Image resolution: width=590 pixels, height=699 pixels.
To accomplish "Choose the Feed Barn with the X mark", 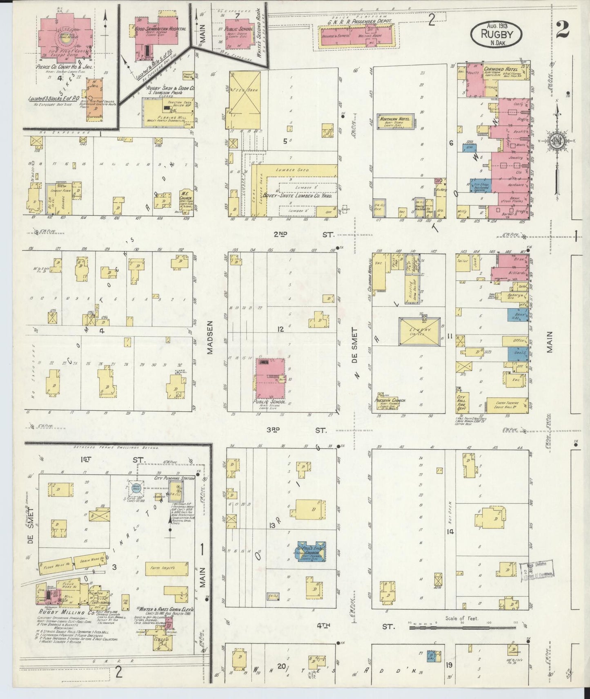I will click(245, 92).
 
